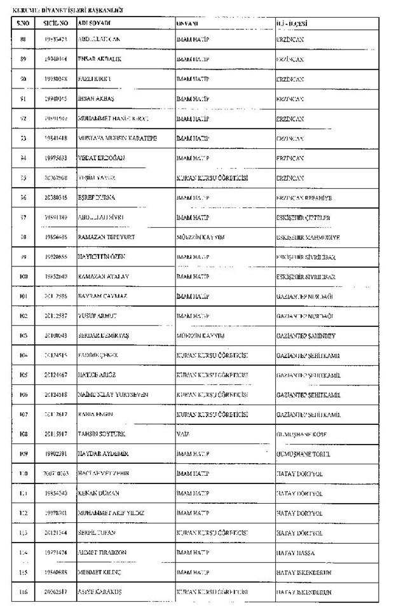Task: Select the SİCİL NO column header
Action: point(56,23)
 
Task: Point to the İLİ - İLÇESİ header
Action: point(292,23)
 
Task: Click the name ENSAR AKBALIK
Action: point(99,59)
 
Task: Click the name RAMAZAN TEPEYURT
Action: point(104,237)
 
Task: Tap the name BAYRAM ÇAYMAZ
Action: point(102,296)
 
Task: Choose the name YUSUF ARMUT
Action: point(97,316)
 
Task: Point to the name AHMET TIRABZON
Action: point(104,553)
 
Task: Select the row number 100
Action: point(24,277)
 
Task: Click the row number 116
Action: point(24,592)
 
